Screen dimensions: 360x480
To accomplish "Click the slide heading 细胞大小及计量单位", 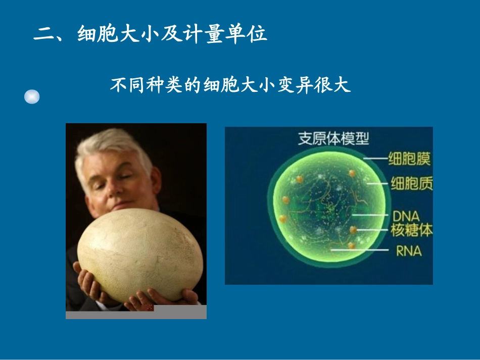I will (x=172, y=34).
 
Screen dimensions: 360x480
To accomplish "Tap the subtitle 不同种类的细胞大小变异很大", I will (x=230, y=85).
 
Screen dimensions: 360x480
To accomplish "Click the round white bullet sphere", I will (x=32, y=96).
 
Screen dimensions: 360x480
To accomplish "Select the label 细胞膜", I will (x=409, y=160).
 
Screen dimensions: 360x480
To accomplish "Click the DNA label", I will (x=406, y=216).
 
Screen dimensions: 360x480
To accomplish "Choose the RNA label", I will (x=408, y=249).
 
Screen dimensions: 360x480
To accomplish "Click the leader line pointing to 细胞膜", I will (x=374, y=160).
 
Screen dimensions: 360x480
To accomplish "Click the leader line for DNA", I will (x=369, y=215).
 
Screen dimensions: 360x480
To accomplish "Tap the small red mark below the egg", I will (x=149, y=307).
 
